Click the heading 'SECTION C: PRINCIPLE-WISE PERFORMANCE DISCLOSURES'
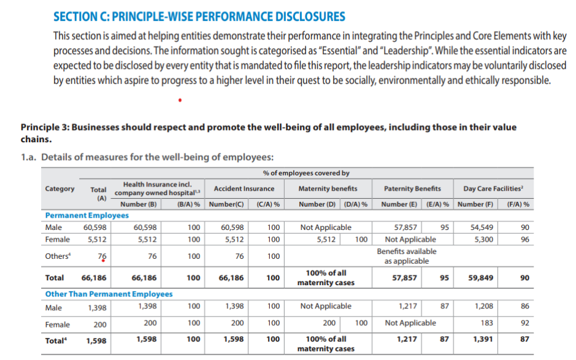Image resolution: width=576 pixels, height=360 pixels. tap(199, 17)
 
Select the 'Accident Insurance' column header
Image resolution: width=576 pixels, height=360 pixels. tap(244, 188)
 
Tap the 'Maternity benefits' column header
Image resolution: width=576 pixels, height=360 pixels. tap(328, 188)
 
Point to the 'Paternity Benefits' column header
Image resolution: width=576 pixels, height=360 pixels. tap(412, 188)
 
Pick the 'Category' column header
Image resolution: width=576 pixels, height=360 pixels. tap(60, 188)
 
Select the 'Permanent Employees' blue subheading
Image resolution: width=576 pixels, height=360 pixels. tap(87, 215)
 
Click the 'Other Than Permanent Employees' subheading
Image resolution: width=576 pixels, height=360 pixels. tap(109, 294)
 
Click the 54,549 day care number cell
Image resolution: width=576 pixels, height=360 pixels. tap(482, 228)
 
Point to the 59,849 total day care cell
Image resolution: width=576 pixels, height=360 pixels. tap(482, 278)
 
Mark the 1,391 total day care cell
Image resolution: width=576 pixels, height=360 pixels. tap(483, 338)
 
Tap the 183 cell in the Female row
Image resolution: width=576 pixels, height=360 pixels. tap(488, 323)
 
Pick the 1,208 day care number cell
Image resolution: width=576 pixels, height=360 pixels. tap(484, 306)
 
